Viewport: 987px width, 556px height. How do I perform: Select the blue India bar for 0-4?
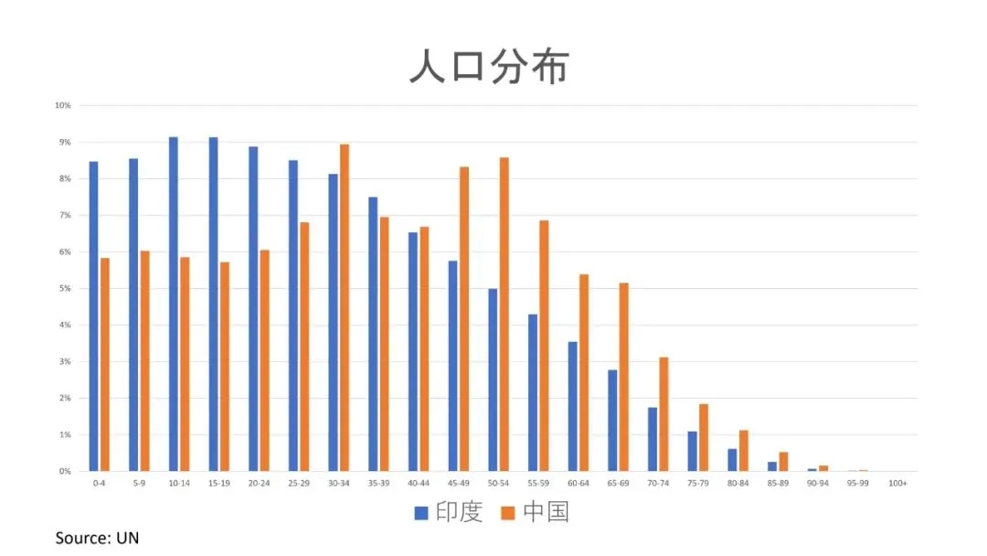point(93,316)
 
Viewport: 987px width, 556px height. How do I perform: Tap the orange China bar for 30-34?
point(345,307)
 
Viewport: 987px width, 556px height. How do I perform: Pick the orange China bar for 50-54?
point(504,314)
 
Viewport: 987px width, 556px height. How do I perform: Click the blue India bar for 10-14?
point(174,304)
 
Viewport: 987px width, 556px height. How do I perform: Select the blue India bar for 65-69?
point(612,420)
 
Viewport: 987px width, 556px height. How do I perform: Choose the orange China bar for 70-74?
point(663,413)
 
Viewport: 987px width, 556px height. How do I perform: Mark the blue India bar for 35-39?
point(373,334)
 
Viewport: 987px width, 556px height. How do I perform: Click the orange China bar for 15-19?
point(225,366)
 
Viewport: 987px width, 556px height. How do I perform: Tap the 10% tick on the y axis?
point(62,105)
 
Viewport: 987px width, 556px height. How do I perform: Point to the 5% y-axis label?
point(64,288)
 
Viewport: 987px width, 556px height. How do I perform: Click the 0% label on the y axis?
point(64,471)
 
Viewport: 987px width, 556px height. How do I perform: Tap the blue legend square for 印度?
point(421,513)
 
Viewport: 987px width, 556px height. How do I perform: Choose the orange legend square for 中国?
point(508,513)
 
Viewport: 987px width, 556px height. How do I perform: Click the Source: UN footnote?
point(97,538)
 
